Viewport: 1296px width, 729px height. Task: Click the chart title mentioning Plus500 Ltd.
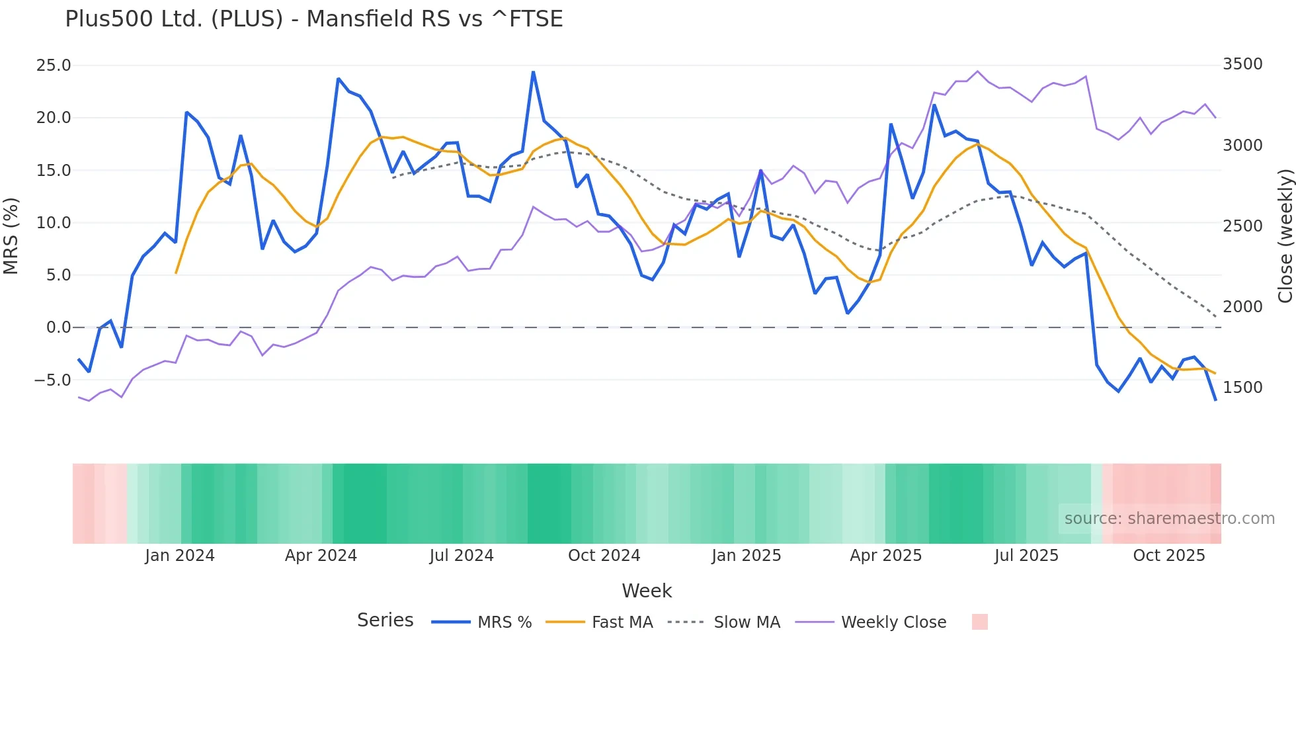[313, 19]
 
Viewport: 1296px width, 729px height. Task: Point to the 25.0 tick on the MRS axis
[54, 65]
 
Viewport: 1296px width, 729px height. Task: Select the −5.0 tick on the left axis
[52, 380]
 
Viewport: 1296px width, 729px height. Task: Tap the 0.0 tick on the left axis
[58, 327]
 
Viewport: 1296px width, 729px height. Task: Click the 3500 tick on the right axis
[1242, 64]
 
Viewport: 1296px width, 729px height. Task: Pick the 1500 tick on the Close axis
[1242, 388]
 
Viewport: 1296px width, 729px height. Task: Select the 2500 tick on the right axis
[1242, 226]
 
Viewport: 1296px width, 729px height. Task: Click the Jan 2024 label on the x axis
[180, 556]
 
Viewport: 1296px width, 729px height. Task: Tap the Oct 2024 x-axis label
[604, 556]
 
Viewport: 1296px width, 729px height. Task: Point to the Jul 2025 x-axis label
[1026, 556]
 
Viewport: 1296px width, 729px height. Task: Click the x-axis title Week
[647, 591]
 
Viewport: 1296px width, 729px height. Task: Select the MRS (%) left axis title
[11, 236]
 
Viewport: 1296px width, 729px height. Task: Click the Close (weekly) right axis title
[1285, 236]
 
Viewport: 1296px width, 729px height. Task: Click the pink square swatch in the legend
[979, 622]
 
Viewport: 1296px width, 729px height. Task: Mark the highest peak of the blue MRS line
[533, 72]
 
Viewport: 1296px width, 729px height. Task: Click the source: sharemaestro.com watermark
[1169, 519]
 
